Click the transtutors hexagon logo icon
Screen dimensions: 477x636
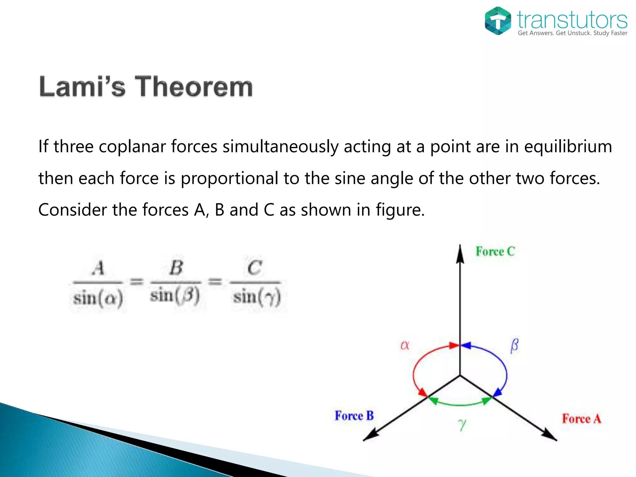click(498, 20)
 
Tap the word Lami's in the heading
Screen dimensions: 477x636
click(82, 87)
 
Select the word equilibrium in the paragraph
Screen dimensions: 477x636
click(568, 147)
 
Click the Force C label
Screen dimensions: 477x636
click(495, 251)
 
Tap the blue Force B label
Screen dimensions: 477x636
click(354, 416)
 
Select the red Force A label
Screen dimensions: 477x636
click(581, 419)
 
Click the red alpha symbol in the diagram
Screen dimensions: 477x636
click(405, 345)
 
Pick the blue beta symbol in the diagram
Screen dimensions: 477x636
click(514, 345)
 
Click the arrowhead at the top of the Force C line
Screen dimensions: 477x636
click(460, 253)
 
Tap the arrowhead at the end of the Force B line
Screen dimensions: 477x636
click(370, 436)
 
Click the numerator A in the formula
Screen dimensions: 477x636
click(98, 268)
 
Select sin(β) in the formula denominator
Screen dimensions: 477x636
click(175, 295)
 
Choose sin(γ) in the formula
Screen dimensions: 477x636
click(257, 297)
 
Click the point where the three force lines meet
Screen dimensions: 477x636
click(460, 376)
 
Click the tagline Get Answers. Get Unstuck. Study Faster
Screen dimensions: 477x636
click(572, 33)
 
